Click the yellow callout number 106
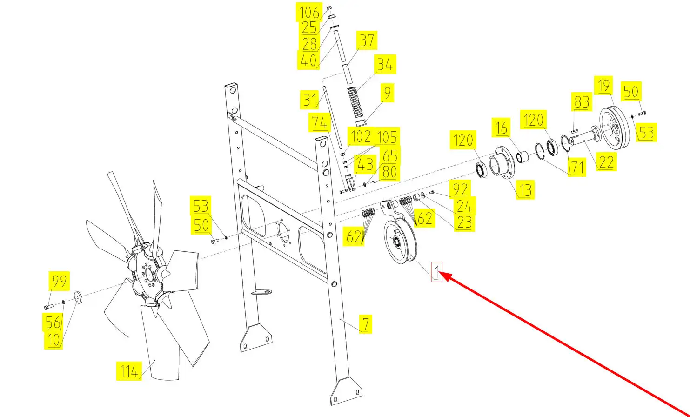pos(309,12)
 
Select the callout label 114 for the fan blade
pos(129,371)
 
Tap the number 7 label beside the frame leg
pos(366,324)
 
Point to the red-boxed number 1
pos(437,271)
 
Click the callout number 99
pos(59,281)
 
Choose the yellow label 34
pos(385,64)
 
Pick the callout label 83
pos(582,102)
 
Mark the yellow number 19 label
pos(603,85)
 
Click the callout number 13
pos(525,190)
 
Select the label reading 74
pos(320,122)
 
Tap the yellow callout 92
pos(460,189)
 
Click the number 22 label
pos(606,161)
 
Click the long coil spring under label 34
pos(355,103)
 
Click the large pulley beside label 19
pos(615,128)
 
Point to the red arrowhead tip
pos(439,272)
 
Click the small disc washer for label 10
pos(78,297)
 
